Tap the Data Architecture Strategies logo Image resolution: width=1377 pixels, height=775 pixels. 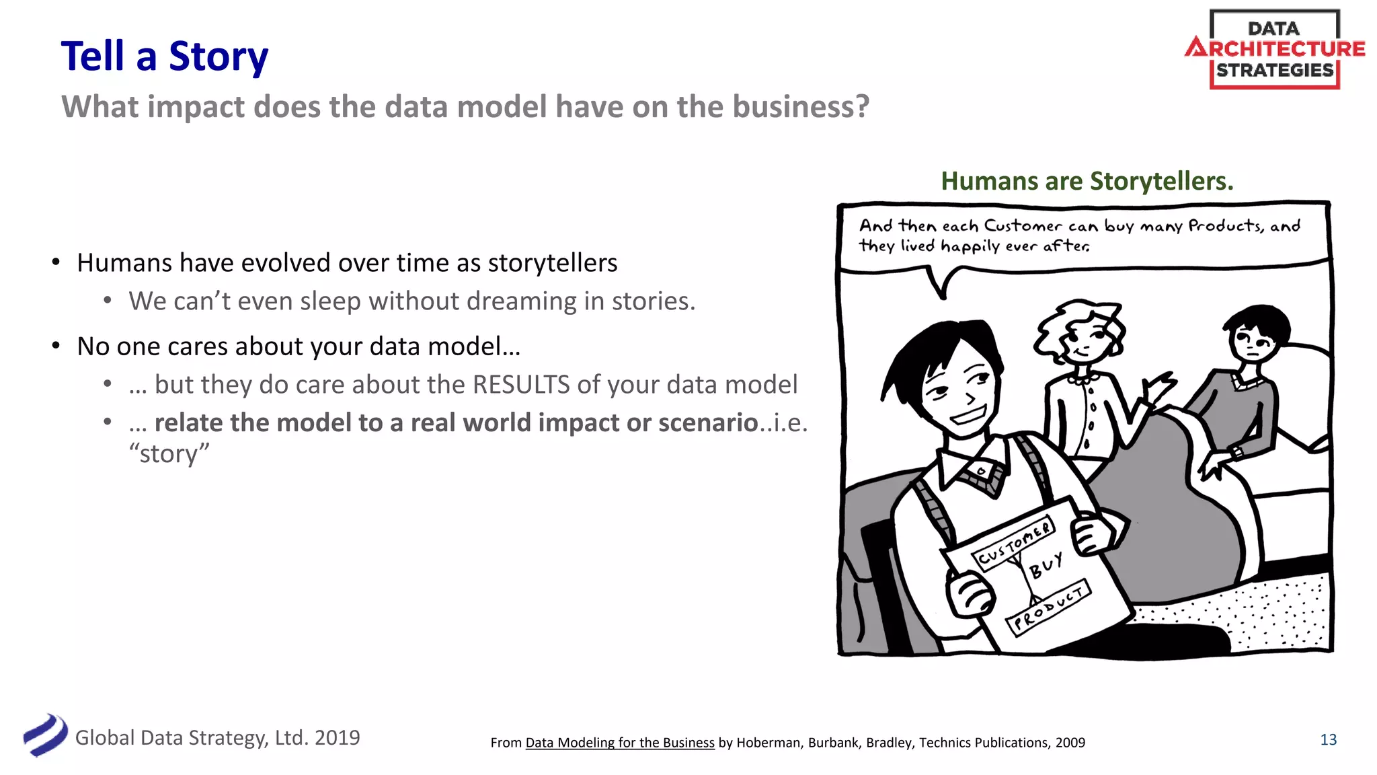pyautogui.click(x=1274, y=50)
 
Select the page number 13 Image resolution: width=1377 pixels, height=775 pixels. pyautogui.click(x=1328, y=739)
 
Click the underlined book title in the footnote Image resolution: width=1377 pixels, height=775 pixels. pyautogui.click(x=619, y=743)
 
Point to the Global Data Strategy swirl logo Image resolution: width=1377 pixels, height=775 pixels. pyautogui.click(x=45, y=735)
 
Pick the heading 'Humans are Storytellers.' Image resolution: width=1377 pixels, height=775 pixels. pyautogui.click(x=1087, y=181)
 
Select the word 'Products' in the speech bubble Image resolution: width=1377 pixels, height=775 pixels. pyautogui.click(x=1225, y=225)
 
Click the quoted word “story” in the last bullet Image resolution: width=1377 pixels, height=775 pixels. pyautogui.click(x=169, y=453)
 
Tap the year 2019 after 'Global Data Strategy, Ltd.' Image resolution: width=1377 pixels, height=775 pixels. pyautogui.click(x=337, y=738)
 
